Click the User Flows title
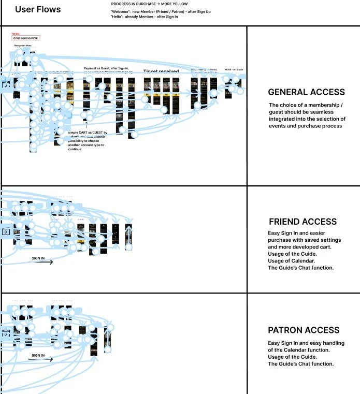[x=38, y=9]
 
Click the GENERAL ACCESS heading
[x=306, y=92]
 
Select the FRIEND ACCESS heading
[x=303, y=222]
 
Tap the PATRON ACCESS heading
[x=304, y=330]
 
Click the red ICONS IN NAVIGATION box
[x=25, y=38]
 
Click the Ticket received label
[x=161, y=71]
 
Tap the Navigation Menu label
[x=23, y=46]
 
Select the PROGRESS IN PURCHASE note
[x=149, y=4]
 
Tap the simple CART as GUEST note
[x=88, y=133]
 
